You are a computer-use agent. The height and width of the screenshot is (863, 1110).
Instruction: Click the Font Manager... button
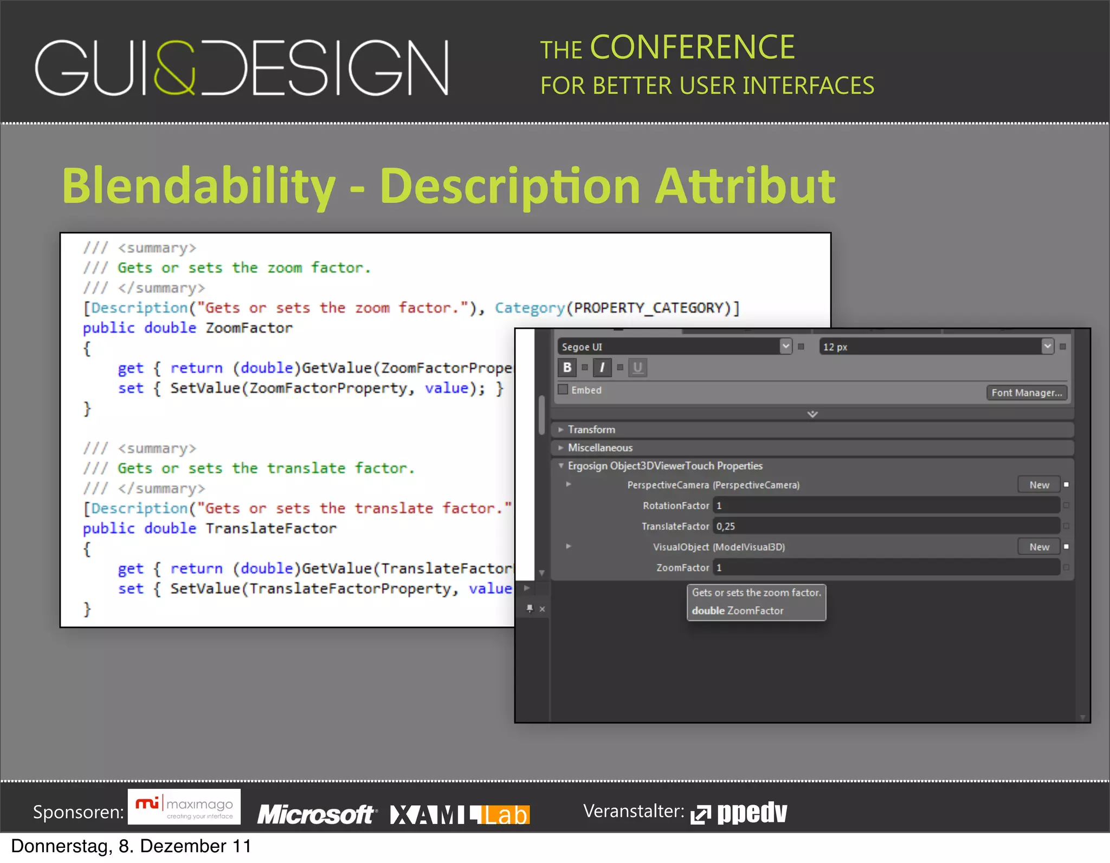1026,393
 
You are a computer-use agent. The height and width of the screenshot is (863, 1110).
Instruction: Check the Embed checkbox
563,390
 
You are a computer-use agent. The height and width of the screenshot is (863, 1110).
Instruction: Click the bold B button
567,367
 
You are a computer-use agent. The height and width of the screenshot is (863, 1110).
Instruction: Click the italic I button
602,367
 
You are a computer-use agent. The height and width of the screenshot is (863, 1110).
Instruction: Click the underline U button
638,367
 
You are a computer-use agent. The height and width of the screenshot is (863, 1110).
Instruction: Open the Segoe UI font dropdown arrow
785,346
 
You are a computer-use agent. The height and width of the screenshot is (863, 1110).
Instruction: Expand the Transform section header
591,430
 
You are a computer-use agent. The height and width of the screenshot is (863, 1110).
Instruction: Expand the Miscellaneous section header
600,448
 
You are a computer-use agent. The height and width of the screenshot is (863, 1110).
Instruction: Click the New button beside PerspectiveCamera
1039,485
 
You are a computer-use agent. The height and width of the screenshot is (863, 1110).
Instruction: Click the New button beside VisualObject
1039,547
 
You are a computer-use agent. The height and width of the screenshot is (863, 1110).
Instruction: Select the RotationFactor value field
886,505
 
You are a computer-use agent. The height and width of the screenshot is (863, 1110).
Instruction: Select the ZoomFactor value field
886,568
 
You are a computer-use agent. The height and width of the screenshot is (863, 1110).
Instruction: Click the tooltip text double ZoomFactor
738,611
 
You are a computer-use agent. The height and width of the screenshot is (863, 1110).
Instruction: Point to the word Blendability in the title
198,186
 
